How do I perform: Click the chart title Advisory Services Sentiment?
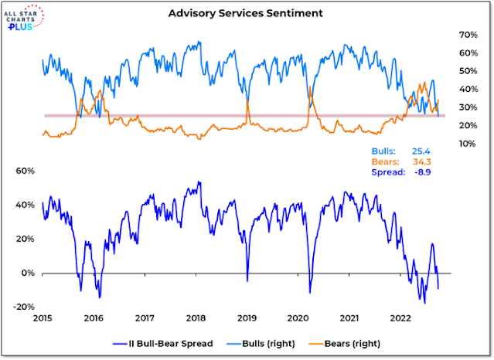[x=246, y=13]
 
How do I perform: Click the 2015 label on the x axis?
[x=42, y=318]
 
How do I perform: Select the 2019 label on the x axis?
[x=247, y=318]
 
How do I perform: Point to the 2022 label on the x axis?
[x=400, y=318]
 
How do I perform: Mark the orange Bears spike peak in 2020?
[x=309, y=87]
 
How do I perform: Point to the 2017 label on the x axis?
[x=145, y=318]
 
